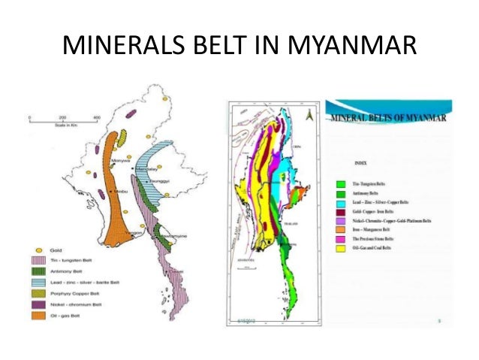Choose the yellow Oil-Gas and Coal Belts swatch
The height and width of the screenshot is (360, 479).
point(342,248)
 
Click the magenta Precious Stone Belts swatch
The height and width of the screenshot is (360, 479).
point(342,239)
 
